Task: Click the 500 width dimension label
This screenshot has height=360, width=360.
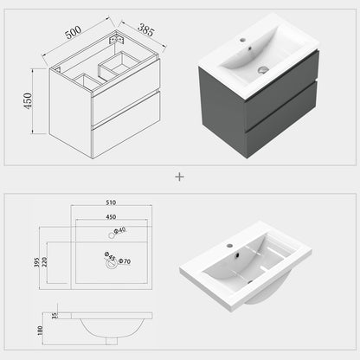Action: (74, 32)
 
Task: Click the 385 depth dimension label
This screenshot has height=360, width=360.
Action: (146, 30)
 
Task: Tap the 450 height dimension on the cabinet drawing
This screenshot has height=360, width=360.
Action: (28, 100)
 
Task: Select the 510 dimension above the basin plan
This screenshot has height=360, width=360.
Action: (111, 202)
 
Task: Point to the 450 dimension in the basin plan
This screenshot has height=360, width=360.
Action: (111, 217)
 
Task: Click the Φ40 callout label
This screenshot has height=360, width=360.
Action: (119, 230)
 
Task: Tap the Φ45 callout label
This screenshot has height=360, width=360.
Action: (110, 256)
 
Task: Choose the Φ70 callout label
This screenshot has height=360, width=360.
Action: (125, 261)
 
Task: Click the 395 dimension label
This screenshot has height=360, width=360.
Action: (36, 262)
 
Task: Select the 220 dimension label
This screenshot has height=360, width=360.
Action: (44, 262)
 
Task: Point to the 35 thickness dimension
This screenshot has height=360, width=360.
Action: (55, 316)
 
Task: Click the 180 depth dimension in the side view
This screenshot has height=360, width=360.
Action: (40, 331)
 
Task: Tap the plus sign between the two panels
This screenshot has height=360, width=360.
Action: (179, 177)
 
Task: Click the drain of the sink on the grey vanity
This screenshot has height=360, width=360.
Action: (263, 69)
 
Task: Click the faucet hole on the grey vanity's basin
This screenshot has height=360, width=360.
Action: (242, 39)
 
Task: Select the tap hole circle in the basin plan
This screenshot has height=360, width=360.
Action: (112, 235)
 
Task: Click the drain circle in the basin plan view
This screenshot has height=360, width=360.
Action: (112, 263)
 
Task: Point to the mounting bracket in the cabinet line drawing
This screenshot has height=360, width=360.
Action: (116, 39)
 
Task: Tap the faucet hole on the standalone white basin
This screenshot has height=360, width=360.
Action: (229, 246)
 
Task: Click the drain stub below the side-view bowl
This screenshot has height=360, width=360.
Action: (112, 341)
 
